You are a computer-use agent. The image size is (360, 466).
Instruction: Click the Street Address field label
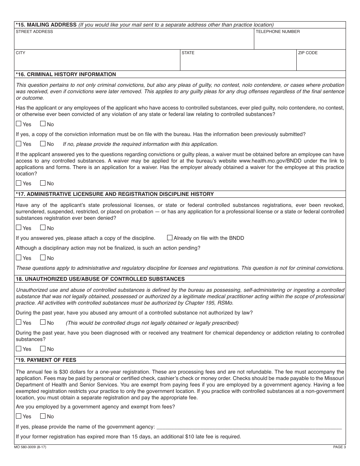34,31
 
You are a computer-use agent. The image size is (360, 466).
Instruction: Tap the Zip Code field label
308,53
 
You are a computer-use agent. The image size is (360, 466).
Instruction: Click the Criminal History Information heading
66,74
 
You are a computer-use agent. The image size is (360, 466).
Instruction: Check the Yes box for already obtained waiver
19,183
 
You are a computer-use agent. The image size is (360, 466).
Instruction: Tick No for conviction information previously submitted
43,144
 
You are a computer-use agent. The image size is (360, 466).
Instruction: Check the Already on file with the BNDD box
170,238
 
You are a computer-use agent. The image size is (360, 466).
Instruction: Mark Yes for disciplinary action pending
19,258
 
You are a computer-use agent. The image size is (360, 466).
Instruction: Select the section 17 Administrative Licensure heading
115,194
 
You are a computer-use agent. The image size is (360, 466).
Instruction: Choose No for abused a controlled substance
43,322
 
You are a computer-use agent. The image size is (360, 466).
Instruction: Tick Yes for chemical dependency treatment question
19,349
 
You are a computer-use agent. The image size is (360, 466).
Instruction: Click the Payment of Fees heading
46,360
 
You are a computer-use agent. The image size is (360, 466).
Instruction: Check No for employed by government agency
43,416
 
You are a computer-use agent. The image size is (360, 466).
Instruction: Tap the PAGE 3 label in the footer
339,447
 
